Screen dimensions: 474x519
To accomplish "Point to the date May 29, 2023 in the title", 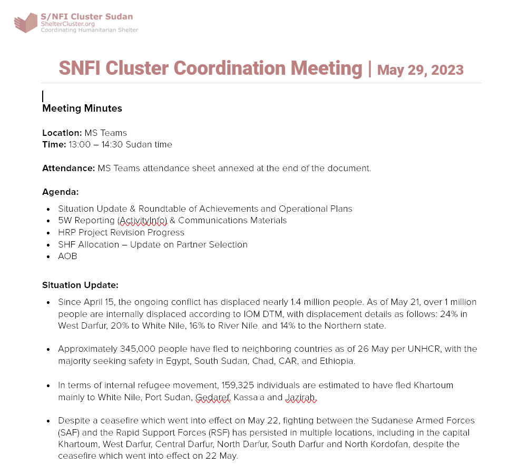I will coord(420,70).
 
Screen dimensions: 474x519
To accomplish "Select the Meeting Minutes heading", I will coord(82,108).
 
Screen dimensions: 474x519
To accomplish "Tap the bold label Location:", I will coord(62,133).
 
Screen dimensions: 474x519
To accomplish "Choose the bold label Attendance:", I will coord(68,169).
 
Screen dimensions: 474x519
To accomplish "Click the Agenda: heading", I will coord(60,192).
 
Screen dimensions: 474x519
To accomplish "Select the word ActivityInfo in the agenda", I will coord(143,221).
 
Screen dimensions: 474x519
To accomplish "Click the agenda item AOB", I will coord(67,256).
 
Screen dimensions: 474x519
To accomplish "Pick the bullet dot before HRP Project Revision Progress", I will coord(48,233).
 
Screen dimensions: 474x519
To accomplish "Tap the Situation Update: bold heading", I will coord(80,285).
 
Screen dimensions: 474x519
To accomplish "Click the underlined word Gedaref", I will coord(213,398).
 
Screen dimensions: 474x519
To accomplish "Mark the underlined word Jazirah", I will coord(300,398).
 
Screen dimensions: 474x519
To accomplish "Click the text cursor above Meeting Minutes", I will coord(43,96).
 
